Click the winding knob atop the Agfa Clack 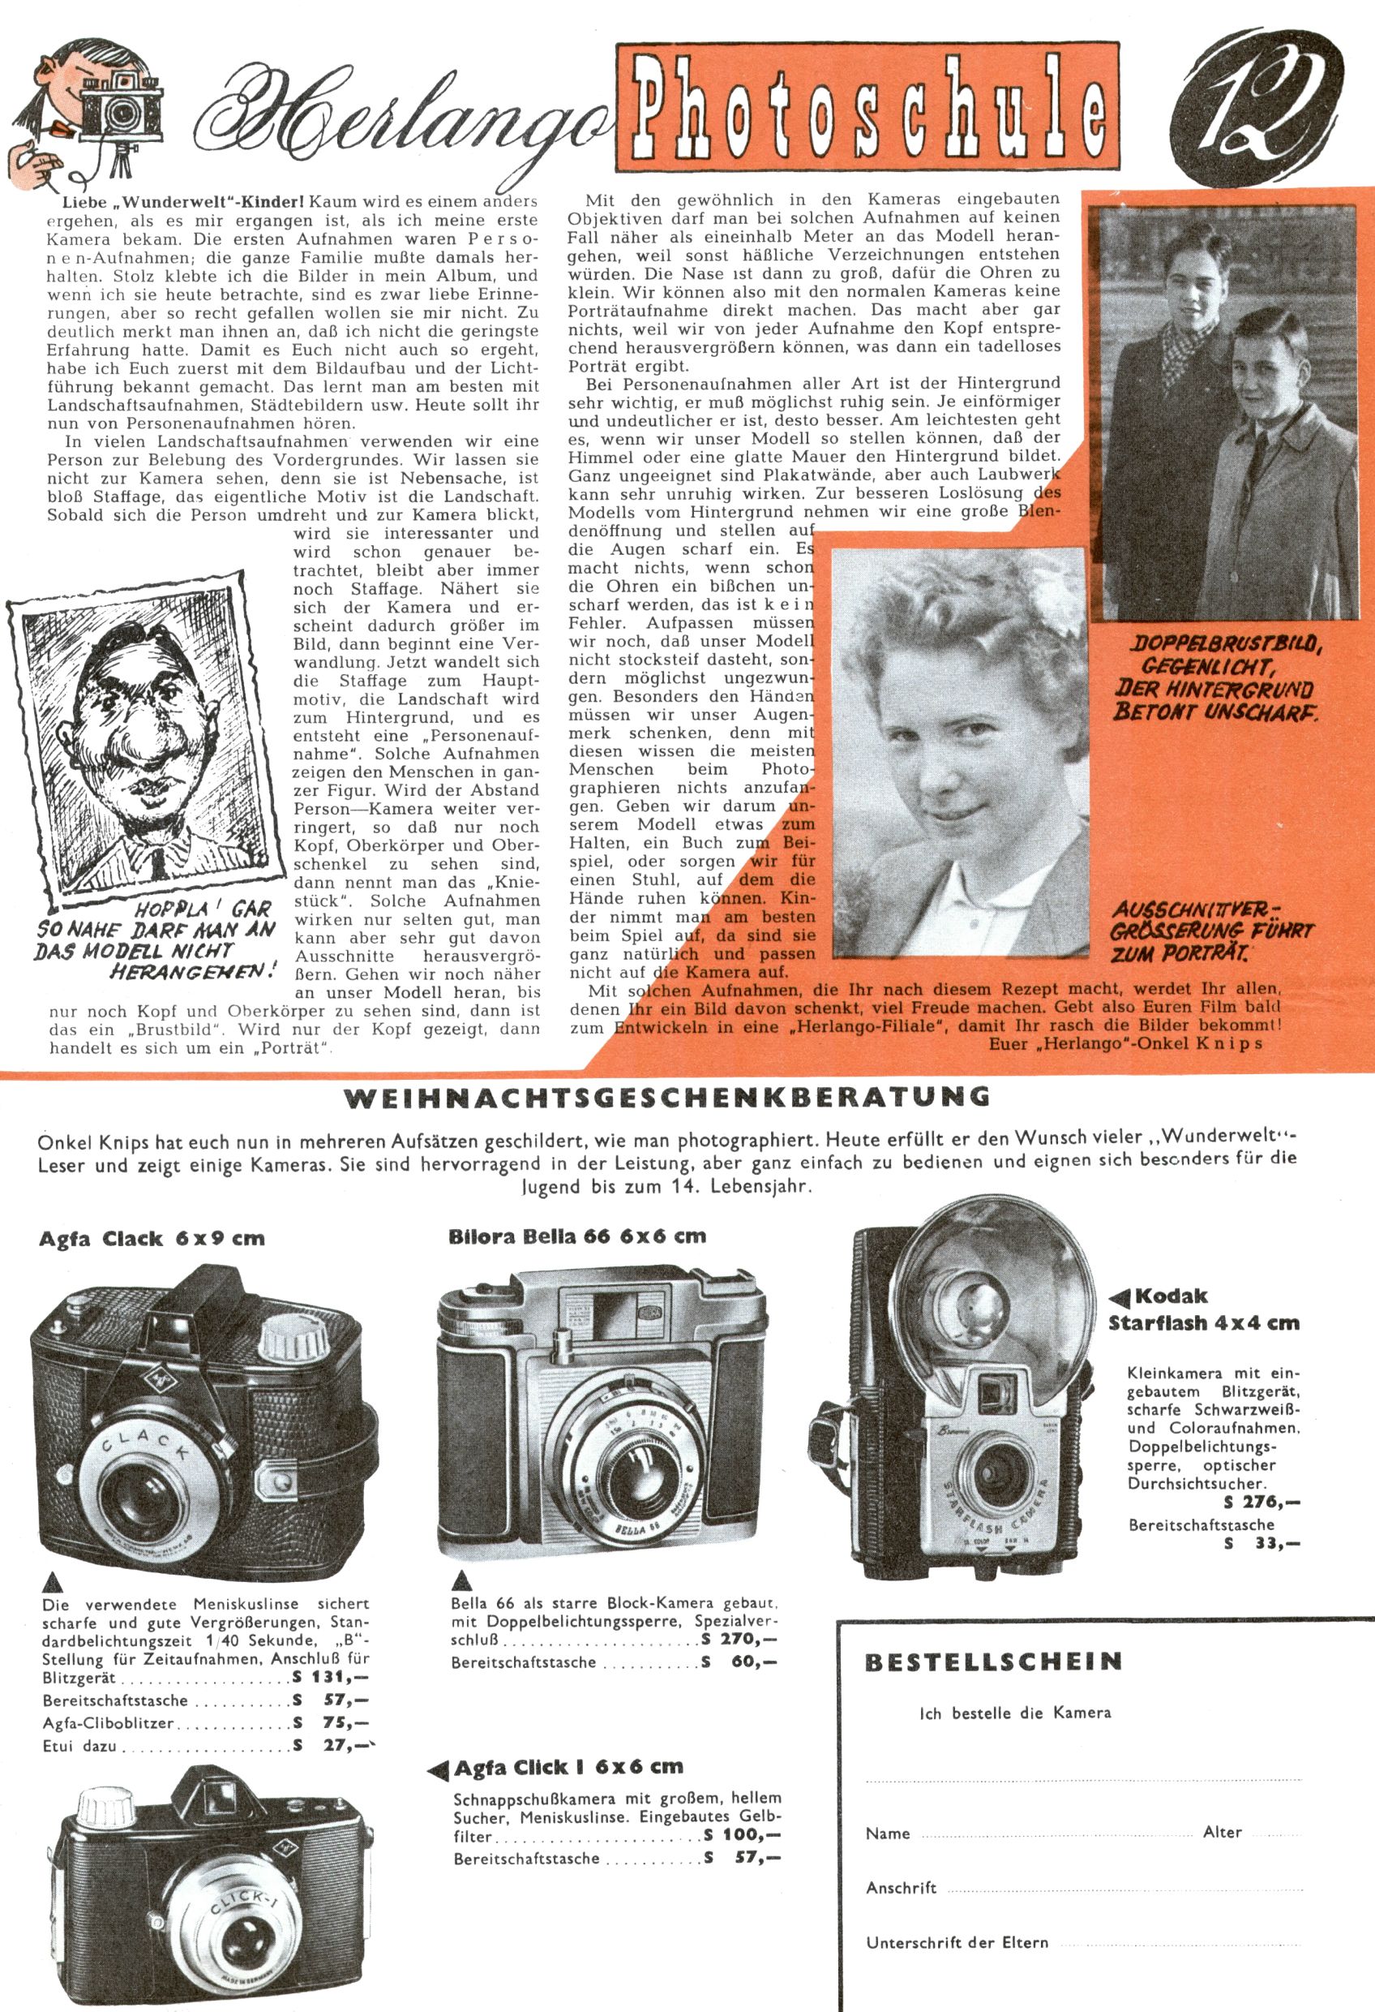click(x=288, y=1339)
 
